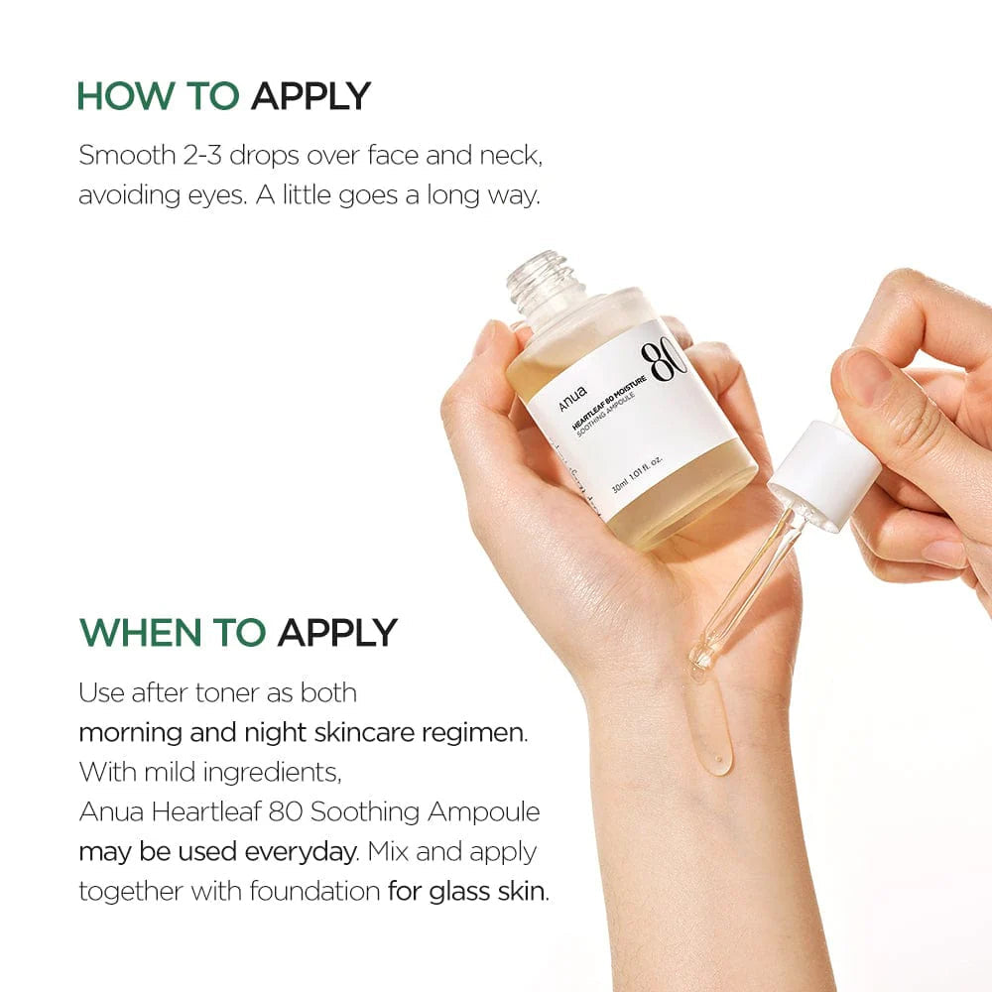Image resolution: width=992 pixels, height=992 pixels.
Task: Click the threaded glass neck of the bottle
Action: pyautogui.click(x=539, y=277)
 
